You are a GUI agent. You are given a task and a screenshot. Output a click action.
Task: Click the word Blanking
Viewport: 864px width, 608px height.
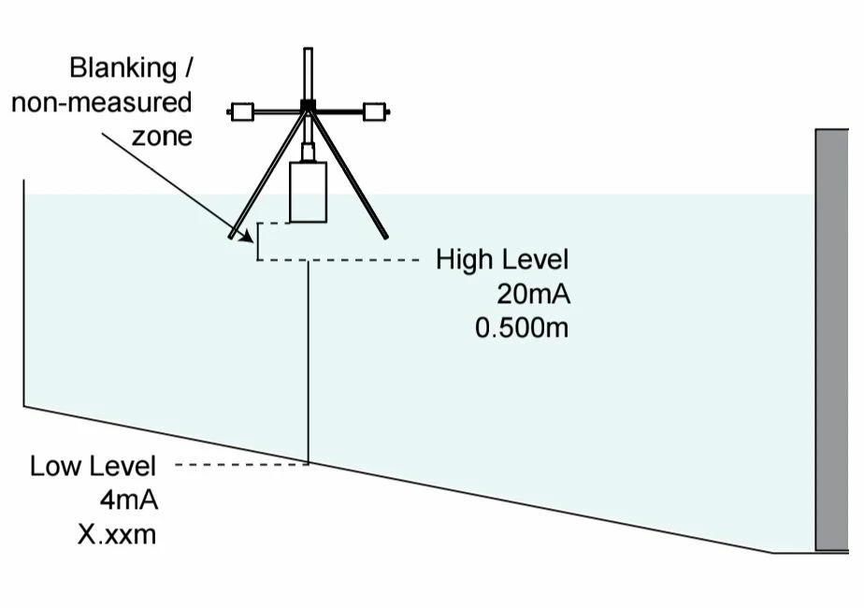[x=122, y=69]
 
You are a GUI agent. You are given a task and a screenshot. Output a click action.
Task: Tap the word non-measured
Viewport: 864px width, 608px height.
[x=102, y=103]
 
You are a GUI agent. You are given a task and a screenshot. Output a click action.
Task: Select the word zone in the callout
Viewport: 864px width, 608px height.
[x=162, y=137]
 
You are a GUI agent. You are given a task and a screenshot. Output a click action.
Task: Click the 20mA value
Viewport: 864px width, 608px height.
[x=533, y=295]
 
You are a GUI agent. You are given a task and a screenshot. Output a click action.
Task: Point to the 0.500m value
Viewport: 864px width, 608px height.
[x=522, y=328]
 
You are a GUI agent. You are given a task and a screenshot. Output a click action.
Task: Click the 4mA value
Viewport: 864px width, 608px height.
[x=129, y=500]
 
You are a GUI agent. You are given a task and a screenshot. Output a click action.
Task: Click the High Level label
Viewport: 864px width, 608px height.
[x=502, y=260]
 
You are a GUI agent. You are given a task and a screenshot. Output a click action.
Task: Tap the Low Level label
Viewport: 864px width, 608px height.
[x=94, y=467]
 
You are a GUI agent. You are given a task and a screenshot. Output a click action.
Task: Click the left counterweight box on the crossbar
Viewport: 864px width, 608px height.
[x=242, y=112]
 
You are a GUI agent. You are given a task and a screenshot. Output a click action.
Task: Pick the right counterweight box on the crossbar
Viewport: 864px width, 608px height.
[x=374, y=112]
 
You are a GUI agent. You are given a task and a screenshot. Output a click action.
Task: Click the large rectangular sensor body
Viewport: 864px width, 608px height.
[x=308, y=192]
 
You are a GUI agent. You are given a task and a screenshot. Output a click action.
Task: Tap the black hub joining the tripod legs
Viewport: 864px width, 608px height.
[x=308, y=106]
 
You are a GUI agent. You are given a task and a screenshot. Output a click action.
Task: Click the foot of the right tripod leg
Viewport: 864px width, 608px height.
[x=384, y=237]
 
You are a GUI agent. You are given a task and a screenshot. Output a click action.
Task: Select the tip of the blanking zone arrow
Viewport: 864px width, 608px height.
[x=252, y=242]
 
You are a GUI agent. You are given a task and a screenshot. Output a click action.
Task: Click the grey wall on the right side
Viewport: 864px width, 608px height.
[x=831, y=340]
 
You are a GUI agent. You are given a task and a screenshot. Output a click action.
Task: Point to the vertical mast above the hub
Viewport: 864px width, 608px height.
[x=308, y=74]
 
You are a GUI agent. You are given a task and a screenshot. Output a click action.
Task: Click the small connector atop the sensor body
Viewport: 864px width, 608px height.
[x=308, y=152]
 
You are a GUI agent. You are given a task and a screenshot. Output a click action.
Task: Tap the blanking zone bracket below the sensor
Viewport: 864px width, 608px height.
[x=257, y=241]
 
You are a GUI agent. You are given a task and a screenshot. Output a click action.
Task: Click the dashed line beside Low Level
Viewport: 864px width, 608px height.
[x=242, y=465]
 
